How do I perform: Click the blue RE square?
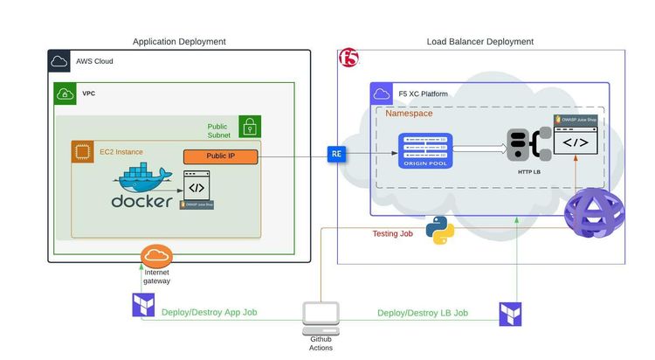pyautogui.click(x=336, y=154)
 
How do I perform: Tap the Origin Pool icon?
pyautogui.click(x=424, y=153)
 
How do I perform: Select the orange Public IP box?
pyautogui.click(x=221, y=157)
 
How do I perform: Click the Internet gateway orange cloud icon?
pyautogui.click(x=157, y=257)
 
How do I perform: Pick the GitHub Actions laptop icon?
pyautogui.click(x=321, y=316)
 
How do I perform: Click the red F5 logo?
pyautogui.click(x=348, y=59)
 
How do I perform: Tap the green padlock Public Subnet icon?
pyautogui.click(x=250, y=126)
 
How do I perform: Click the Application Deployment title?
pyautogui.click(x=179, y=41)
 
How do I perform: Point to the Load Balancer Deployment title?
pyautogui.click(x=479, y=41)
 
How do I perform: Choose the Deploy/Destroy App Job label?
pyautogui.click(x=210, y=312)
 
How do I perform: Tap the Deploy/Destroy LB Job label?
pyautogui.click(x=423, y=312)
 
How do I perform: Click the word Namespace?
pyautogui.click(x=409, y=114)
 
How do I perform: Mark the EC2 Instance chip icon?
pyautogui.click(x=82, y=152)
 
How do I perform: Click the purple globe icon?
pyautogui.click(x=593, y=216)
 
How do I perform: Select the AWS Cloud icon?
pyautogui.click(x=59, y=61)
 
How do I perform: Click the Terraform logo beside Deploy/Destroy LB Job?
pyautogui.click(x=510, y=315)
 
